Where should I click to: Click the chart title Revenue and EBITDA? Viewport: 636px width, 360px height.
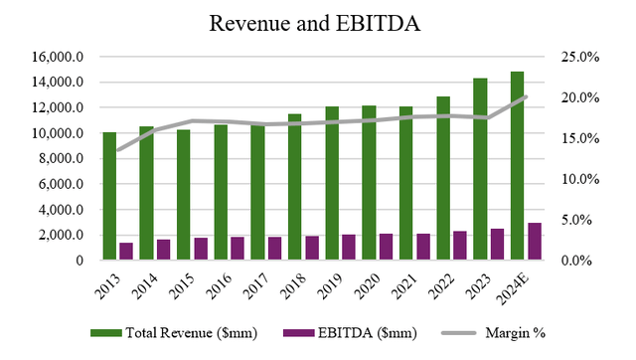tap(318, 22)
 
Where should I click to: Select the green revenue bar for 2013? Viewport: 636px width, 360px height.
tap(109, 196)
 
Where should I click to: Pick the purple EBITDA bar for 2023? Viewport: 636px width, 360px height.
tap(496, 245)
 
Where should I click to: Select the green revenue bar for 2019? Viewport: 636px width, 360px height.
tap(332, 183)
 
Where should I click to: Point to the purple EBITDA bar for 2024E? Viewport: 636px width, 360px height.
tap(534, 242)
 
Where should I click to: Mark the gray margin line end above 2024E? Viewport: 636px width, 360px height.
tap(525, 96)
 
